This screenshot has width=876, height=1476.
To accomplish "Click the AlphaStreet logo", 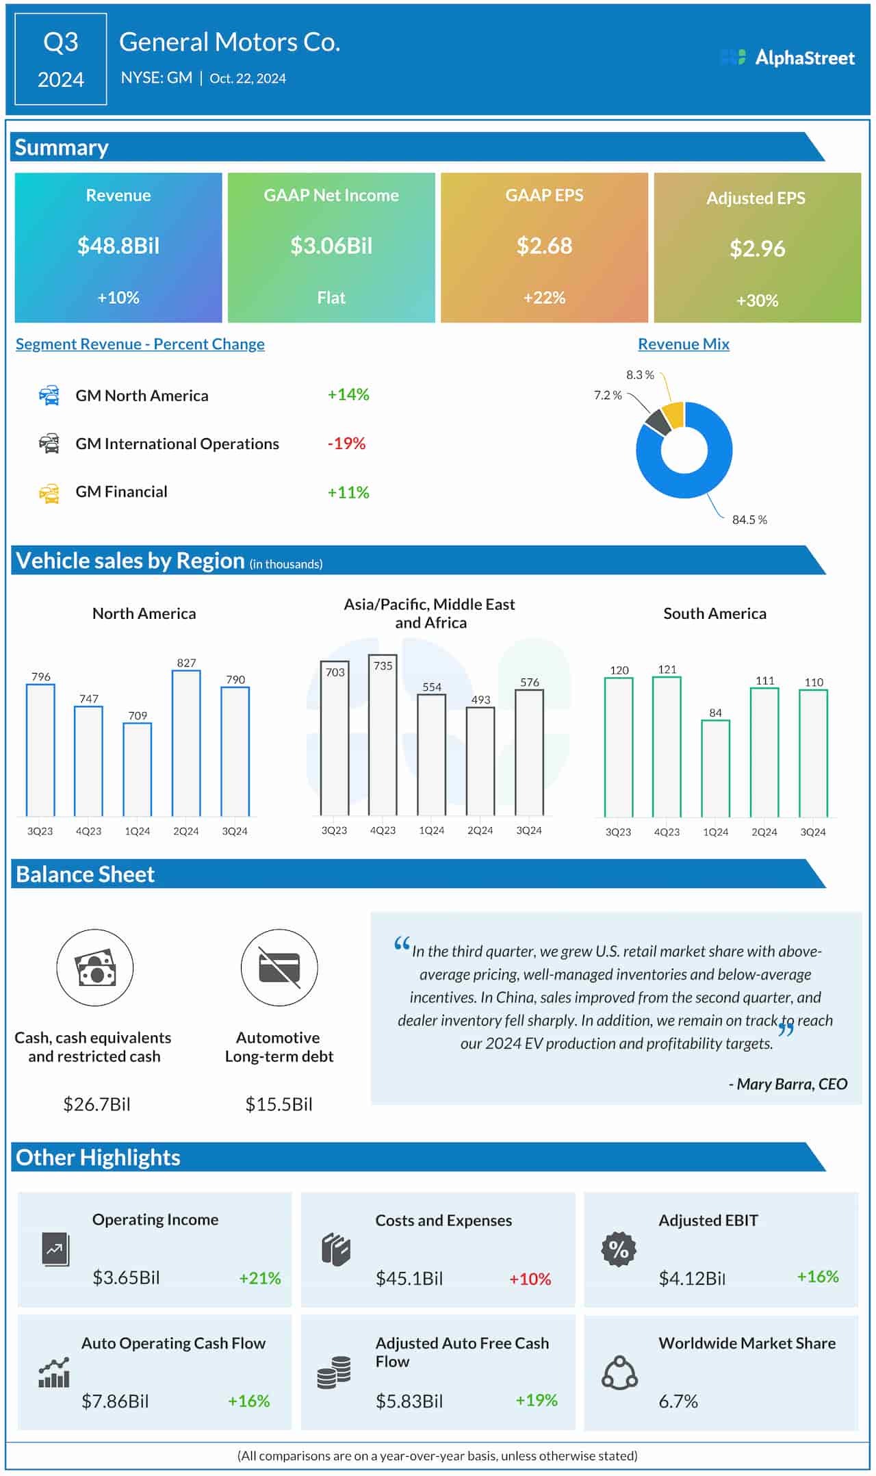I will coord(788,58).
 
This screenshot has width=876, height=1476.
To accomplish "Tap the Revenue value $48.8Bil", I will coord(118,246).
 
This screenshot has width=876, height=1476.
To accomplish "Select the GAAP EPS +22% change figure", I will coord(544,298).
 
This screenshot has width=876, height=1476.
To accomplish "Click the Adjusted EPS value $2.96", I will coord(757,249).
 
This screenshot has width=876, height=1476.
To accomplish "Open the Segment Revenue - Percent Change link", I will coord(140,344).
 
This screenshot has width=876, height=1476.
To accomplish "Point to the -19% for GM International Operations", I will coord(346,444).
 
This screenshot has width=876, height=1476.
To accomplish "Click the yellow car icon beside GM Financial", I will coord(49,493).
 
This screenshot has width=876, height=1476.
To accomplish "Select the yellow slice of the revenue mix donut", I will coord(674,415).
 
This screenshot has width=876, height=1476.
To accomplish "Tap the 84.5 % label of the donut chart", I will coord(749,520).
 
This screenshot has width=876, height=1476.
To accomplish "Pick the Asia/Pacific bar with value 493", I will coord(480,761).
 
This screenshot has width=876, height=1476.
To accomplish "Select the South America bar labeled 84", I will coord(715,768).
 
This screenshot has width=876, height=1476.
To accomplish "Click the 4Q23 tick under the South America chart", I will coord(667,832).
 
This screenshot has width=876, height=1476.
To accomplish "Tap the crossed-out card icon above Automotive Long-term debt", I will coord(279,967).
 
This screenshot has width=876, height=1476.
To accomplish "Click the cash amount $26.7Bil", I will coord(96,1104).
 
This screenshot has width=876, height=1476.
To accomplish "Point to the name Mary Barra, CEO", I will coord(788,1084).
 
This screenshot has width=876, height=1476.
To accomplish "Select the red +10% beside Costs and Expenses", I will coord(530,1279).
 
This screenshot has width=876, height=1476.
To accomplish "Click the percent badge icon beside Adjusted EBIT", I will coord(619,1249).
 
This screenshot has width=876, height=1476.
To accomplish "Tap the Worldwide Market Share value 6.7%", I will coord(678,1401).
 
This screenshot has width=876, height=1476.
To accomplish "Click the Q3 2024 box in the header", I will coord(61,60).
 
